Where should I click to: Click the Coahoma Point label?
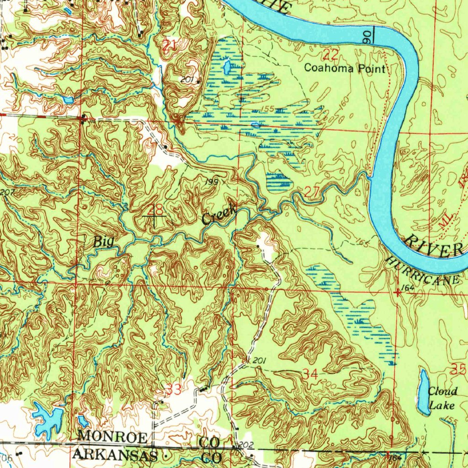tap(345, 69)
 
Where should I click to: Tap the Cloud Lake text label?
tap(442, 398)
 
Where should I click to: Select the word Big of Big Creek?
tap(103, 242)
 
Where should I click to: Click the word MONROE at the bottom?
tap(112, 436)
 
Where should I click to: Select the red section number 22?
tap(330, 56)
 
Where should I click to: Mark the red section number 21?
tap(169, 45)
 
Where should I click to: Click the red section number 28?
tap(155, 210)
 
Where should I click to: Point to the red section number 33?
tap(174, 389)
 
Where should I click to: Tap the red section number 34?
tap(310, 374)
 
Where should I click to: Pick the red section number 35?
tap(458, 370)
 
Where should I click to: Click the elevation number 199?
tap(211, 182)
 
